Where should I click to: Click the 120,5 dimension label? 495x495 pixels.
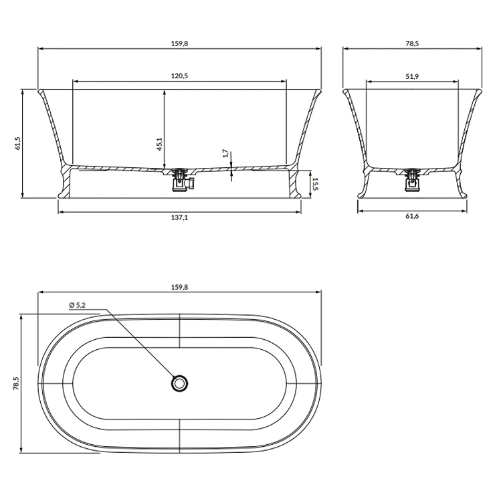[x=179, y=76]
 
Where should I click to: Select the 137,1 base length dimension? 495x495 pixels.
[x=179, y=217]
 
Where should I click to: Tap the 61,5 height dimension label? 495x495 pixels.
[x=17, y=143]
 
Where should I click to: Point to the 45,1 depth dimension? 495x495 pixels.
[x=159, y=144]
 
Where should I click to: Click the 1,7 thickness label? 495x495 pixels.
[x=225, y=153]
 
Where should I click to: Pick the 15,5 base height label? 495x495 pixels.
[x=315, y=184]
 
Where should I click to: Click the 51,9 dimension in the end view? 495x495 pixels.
[x=412, y=76]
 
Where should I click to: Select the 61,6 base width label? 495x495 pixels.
[x=412, y=216]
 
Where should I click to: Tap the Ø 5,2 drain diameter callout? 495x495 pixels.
[x=78, y=305]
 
